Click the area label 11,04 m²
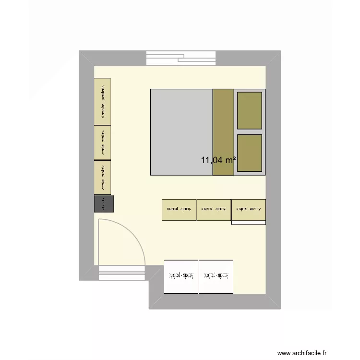(218, 160)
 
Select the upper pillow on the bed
(250, 110)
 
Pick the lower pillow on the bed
(250, 153)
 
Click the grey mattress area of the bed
(181, 132)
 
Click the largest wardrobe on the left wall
(103, 102)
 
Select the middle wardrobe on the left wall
(103, 142)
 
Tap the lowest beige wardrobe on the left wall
(103, 177)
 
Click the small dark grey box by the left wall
(104, 204)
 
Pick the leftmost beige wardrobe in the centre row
(179, 210)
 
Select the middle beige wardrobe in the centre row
(214, 210)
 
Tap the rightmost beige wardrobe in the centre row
(249, 209)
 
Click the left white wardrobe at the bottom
(181, 276)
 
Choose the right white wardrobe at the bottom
(216, 276)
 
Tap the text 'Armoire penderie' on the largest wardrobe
(103, 102)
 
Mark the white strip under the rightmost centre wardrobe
(249, 223)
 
